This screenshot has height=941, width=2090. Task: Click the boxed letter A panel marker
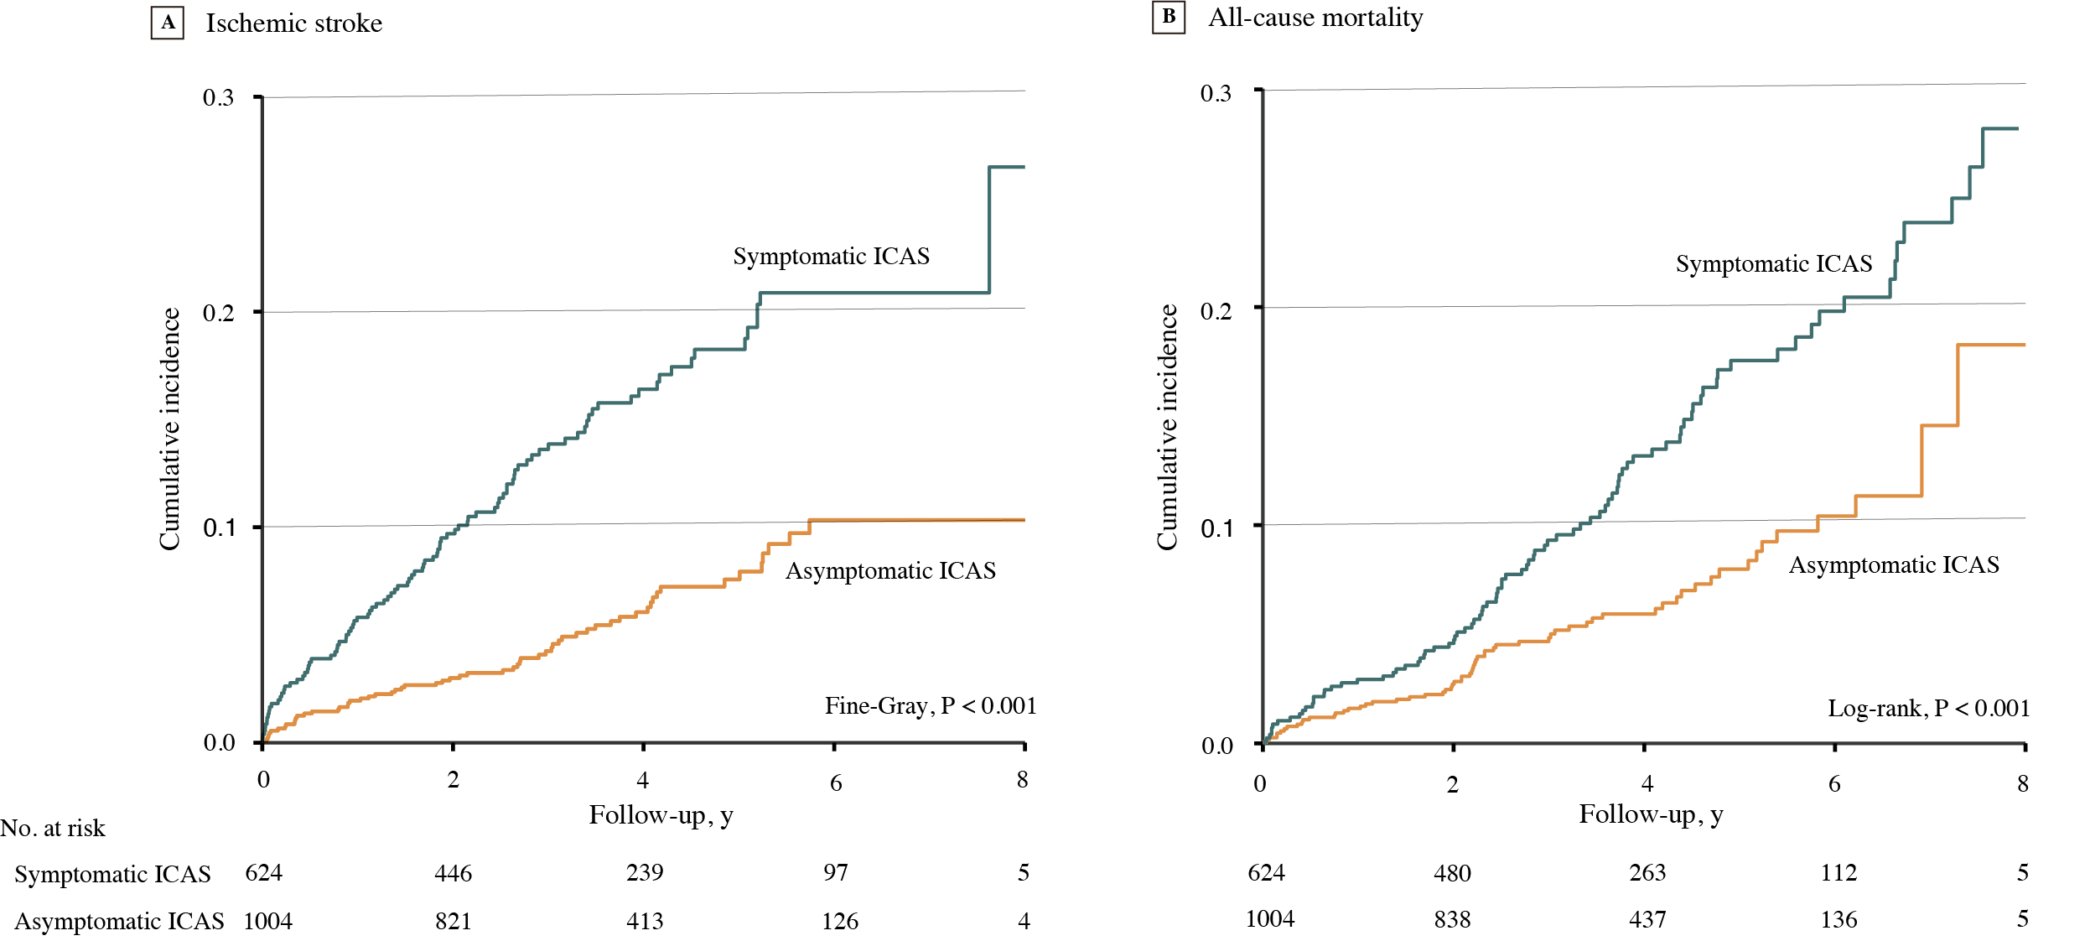click(x=168, y=23)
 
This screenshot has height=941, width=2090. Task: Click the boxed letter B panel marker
click(x=1169, y=18)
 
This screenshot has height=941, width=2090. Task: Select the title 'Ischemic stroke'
click(x=294, y=23)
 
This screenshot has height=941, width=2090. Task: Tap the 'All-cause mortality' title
click(x=1315, y=18)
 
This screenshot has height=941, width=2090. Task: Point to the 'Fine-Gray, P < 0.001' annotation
click(x=931, y=706)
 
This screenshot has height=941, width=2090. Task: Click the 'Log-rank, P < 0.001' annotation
click(x=1928, y=709)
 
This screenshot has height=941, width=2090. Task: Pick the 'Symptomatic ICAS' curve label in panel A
click(x=831, y=257)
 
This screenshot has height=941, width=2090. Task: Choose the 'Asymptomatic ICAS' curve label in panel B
click(x=1894, y=565)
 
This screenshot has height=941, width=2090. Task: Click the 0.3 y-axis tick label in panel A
click(x=218, y=98)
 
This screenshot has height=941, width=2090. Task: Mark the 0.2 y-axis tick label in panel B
click(x=1216, y=311)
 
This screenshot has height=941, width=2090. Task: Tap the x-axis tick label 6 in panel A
click(x=836, y=783)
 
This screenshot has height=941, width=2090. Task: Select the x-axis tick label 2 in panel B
click(x=1452, y=785)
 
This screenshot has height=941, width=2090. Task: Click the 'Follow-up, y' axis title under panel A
click(x=661, y=815)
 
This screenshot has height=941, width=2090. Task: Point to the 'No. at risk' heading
click(x=53, y=829)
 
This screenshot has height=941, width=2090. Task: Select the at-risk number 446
click(x=453, y=874)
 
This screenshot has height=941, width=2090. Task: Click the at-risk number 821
click(x=453, y=922)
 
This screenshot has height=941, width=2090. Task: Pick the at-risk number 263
click(x=1647, y=873)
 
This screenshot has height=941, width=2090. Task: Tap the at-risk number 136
click(x=1838, y=920)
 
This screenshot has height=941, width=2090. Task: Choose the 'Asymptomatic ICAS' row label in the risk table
click(x=119, y=922)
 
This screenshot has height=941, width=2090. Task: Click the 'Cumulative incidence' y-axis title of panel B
click(x=1167, y=427)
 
